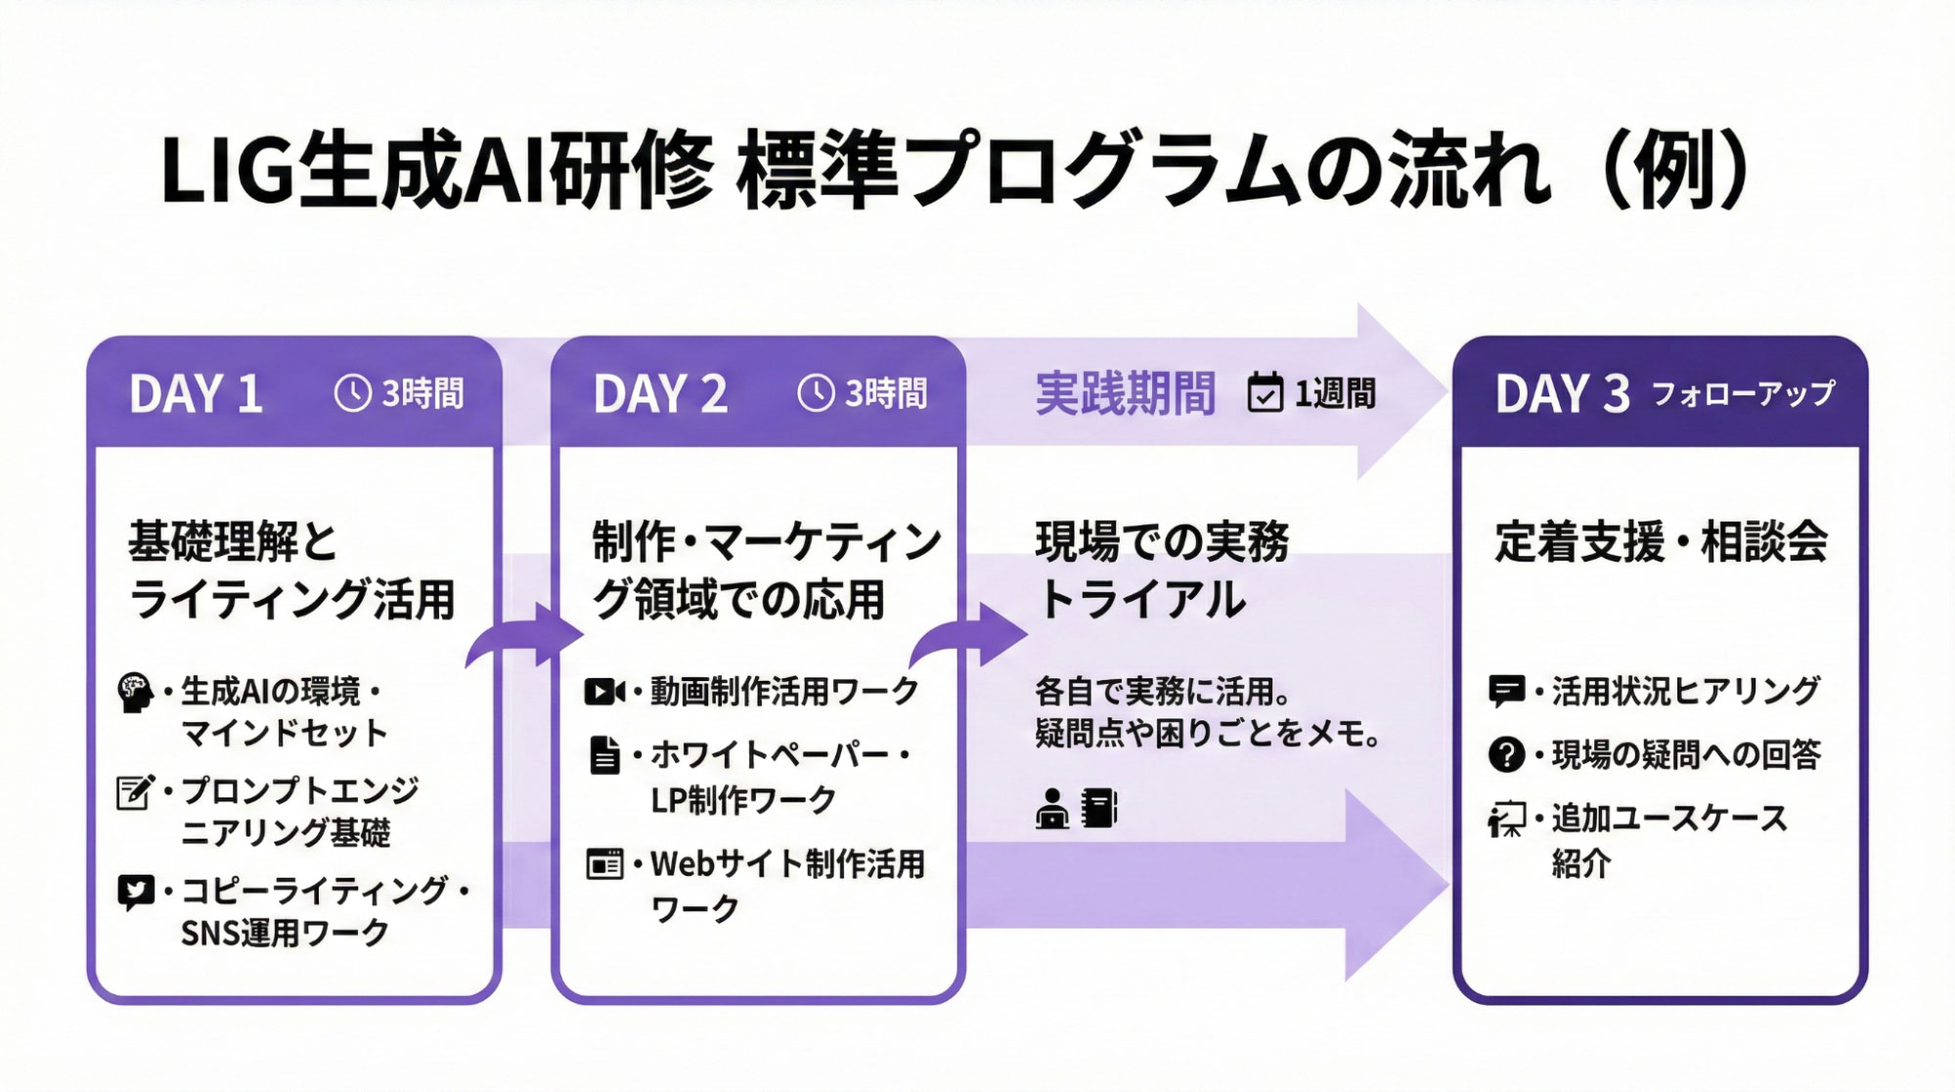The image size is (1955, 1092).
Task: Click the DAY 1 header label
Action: point(196,394)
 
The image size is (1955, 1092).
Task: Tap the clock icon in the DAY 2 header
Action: point(816,393)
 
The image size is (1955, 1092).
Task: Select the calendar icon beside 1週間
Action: point(1265,393)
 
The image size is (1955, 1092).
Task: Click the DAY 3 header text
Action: point(1562,394)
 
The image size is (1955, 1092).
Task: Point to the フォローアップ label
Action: point(1743,393)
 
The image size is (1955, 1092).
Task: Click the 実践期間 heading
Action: point(1125,393)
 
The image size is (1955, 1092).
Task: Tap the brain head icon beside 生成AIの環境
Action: point(135,692)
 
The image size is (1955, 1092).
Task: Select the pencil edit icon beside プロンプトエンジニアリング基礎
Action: point(134,792)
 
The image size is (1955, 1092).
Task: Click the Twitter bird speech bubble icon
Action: point(135,891)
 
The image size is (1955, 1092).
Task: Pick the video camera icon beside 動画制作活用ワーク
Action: point(603,692)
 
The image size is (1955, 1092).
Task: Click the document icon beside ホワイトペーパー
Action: point(604,755)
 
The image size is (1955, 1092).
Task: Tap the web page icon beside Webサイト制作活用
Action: point(604,864)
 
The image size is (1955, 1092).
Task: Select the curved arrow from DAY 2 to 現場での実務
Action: point(968,636)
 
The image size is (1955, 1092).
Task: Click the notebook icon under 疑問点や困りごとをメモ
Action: point(1099,809)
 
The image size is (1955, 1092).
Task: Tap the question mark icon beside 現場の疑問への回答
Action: point(1506,754)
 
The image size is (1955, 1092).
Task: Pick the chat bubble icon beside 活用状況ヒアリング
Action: point(1506,691)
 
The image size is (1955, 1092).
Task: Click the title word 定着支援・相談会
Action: point(1661,542)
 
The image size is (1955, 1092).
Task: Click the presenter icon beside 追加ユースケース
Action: point(1506,819)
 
